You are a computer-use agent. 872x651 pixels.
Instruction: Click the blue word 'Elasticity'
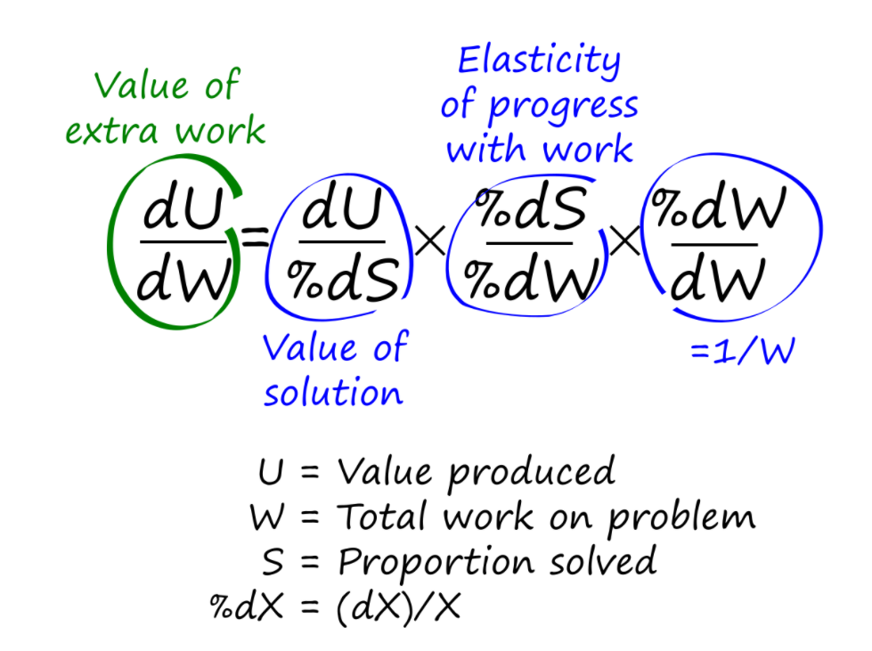539,61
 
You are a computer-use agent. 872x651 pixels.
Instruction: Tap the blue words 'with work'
540,149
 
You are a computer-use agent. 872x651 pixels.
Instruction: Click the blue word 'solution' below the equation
332,392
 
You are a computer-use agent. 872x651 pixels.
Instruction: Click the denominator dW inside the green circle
183,281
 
